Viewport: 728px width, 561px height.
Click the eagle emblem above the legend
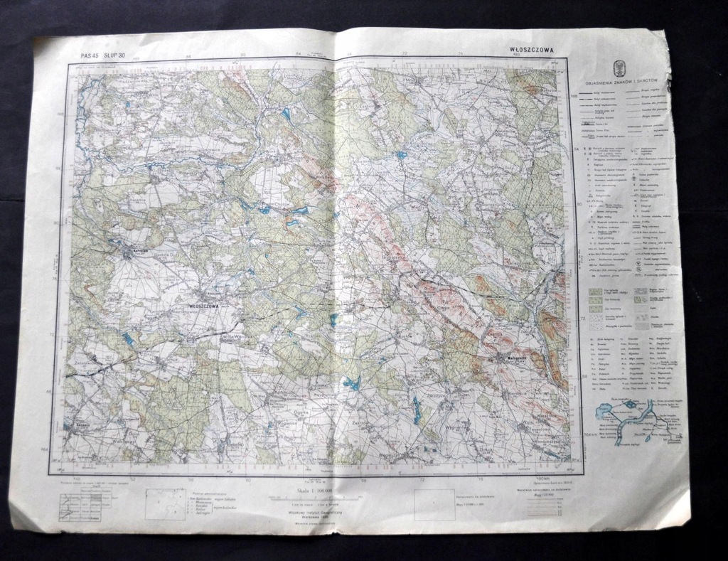[619, 68]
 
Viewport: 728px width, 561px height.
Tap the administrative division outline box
[166, 504]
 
